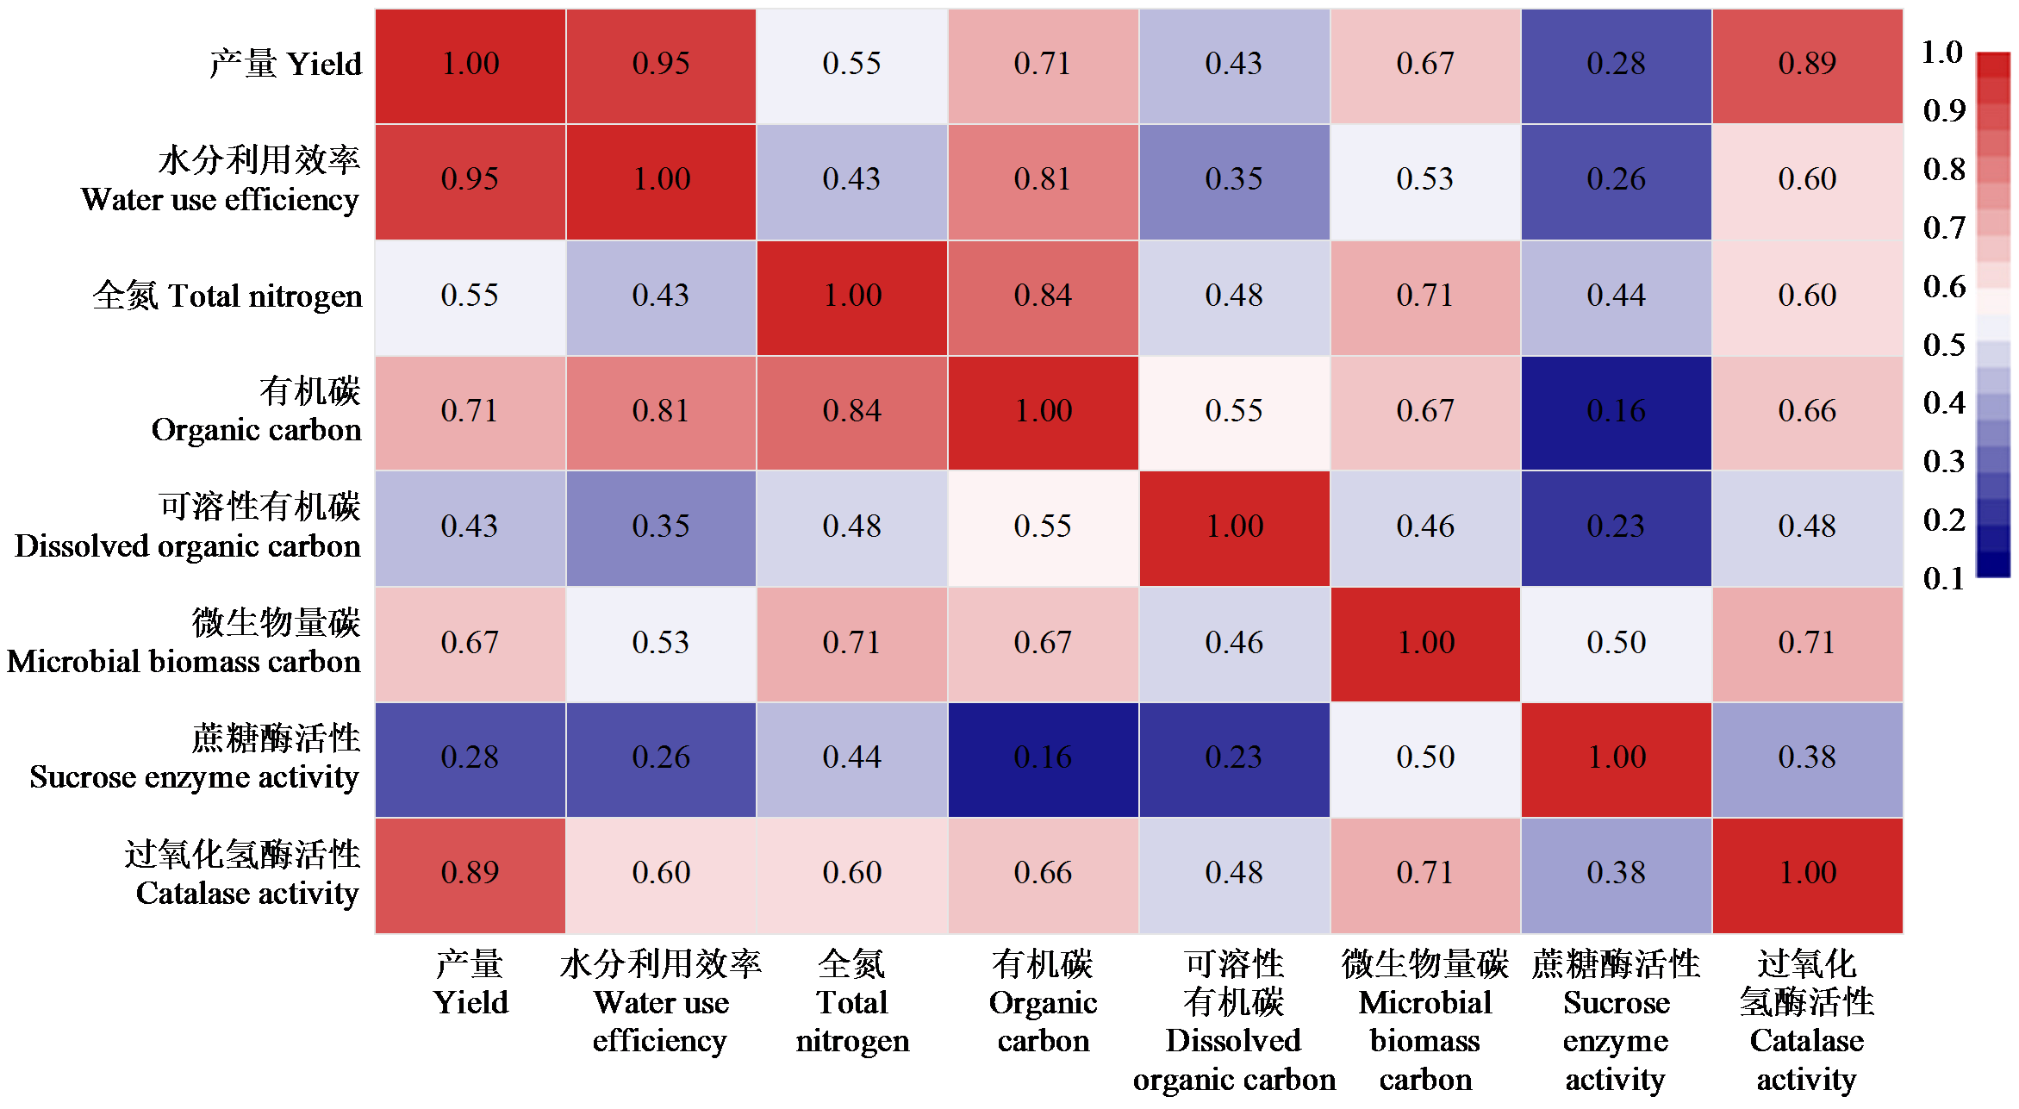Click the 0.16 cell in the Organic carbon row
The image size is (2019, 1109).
1616,412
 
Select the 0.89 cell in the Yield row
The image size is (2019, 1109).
1807,65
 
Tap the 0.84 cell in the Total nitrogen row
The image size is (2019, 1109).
1043,296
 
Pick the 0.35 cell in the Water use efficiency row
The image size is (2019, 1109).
1234,180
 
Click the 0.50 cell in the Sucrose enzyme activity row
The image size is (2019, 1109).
1425,758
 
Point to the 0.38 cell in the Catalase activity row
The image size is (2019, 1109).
1616,874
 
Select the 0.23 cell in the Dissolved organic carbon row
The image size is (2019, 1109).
1616,527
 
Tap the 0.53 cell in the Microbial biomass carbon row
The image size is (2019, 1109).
661,643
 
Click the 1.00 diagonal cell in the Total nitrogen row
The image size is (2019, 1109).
852,296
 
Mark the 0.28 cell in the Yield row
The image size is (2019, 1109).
1616,65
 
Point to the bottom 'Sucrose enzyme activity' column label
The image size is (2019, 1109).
1616,1021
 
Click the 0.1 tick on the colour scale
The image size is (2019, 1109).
1944,579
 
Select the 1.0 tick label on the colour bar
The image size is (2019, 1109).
1942,53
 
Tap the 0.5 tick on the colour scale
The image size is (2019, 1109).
1944,346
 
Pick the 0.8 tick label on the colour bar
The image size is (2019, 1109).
1944,170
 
